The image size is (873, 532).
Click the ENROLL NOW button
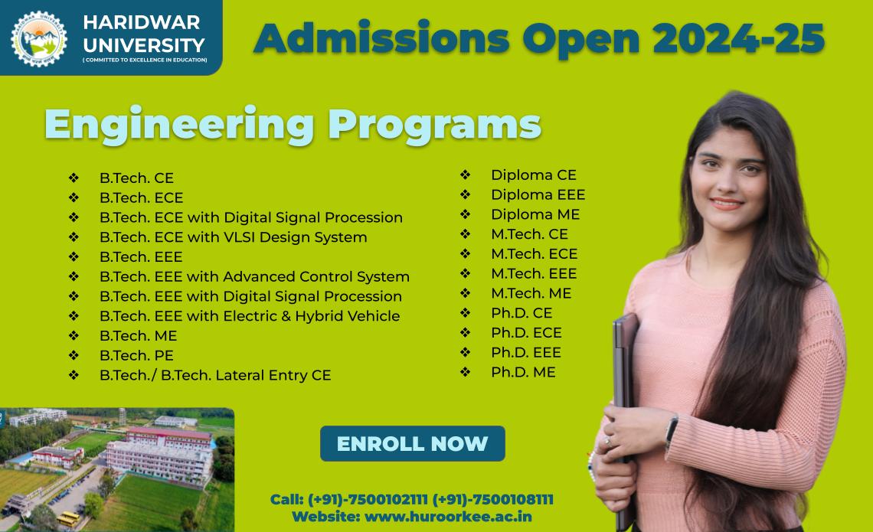412,444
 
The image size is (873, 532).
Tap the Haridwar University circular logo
39,38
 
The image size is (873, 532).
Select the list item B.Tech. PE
136,356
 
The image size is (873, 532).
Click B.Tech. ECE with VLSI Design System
233,237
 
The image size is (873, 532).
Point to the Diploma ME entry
535,214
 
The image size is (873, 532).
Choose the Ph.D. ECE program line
526,333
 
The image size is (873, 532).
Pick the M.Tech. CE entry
529,234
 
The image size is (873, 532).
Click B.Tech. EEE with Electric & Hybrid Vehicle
249,316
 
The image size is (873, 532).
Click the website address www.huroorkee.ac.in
448,517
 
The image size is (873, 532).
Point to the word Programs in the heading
434,125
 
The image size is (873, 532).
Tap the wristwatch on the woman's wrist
672,429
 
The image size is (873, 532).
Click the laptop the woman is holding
625,383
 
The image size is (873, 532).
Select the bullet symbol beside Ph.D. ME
465,373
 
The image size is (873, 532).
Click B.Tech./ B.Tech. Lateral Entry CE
215,376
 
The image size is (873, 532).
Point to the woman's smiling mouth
726,203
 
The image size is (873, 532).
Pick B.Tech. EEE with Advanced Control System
254,277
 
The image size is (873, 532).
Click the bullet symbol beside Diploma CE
465,175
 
